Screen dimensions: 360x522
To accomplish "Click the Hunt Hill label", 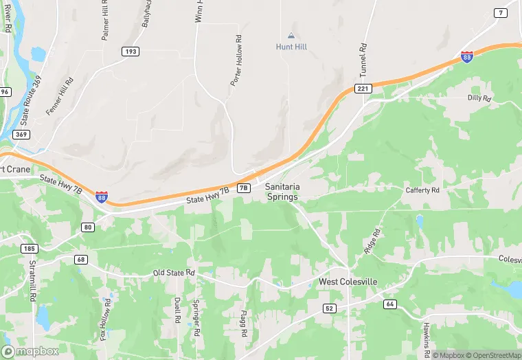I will click(291, 47).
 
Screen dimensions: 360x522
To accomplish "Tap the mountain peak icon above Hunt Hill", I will click(291, 34).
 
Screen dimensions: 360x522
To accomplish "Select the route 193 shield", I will click(130, 52).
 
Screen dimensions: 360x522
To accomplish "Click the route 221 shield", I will click(363, 89).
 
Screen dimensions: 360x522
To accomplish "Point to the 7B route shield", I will click(243, 188).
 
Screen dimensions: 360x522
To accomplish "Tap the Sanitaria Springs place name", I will click(282, 192).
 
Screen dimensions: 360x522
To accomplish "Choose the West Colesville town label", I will click(347, 282).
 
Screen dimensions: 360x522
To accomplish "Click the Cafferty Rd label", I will click(422, 190).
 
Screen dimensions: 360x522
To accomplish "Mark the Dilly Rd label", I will click(479, 98).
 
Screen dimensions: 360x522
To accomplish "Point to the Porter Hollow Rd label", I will click(236, 60).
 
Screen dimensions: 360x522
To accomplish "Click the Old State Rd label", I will click(174, 273).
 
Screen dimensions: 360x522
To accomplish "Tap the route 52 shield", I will click(329, 308).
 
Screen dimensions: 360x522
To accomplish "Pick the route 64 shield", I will click(389, 304).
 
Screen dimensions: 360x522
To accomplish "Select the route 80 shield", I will click(87, 227).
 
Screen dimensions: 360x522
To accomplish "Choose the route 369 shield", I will click(21, 135).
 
